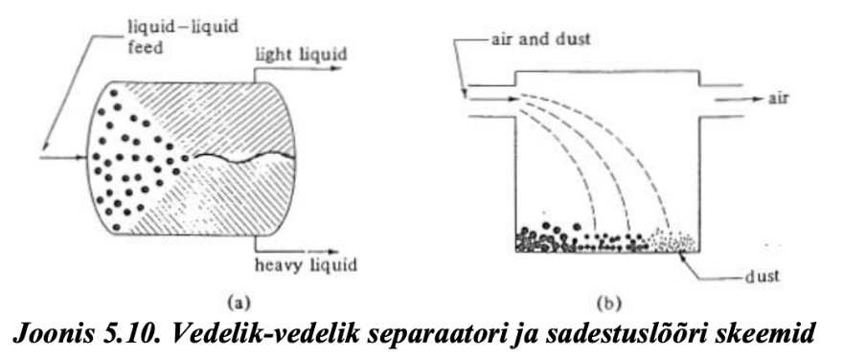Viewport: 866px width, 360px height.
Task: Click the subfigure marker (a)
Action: pos(236,302)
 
